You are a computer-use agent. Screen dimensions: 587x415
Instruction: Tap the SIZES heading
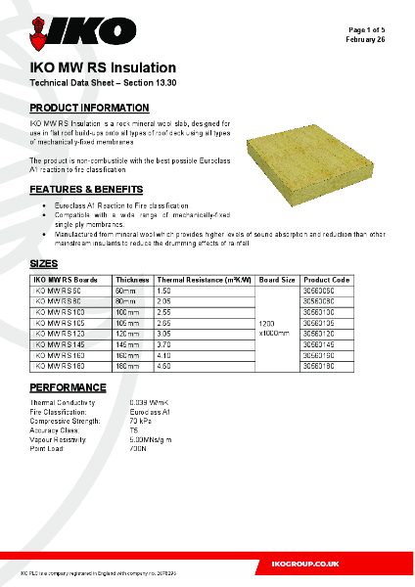(x=44, y=264)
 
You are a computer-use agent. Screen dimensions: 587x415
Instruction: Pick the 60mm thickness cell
(x=125, y=292)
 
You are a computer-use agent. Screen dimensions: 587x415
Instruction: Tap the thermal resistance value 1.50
(x=163, y=292)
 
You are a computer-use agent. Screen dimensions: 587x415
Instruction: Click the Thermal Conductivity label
(x=64, y=402)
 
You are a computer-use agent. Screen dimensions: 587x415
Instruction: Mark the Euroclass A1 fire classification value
(x=149, y=411)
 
